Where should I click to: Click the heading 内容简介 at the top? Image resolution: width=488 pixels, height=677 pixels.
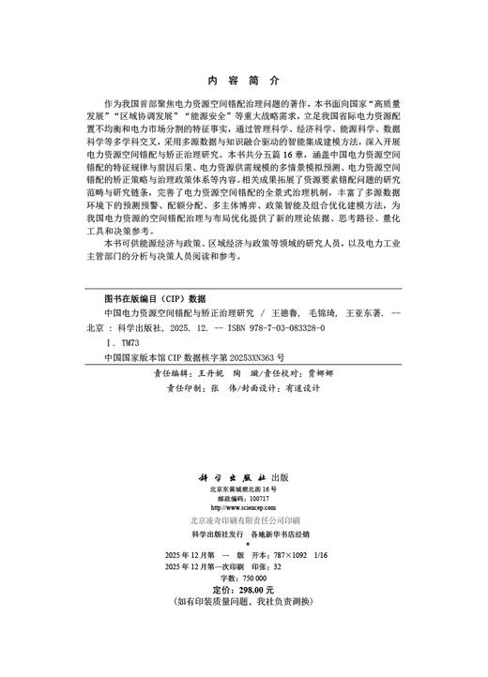tap(244, 83)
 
